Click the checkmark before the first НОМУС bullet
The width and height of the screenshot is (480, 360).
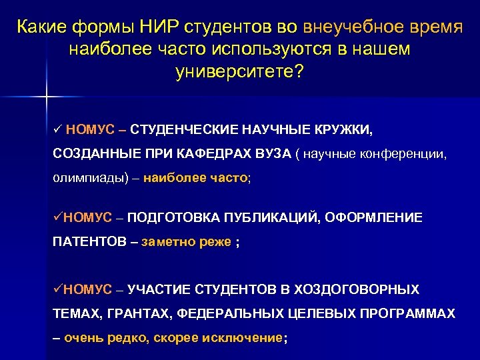(x=57, y=128)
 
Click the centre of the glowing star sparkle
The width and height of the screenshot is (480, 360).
(x=47, y=98)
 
